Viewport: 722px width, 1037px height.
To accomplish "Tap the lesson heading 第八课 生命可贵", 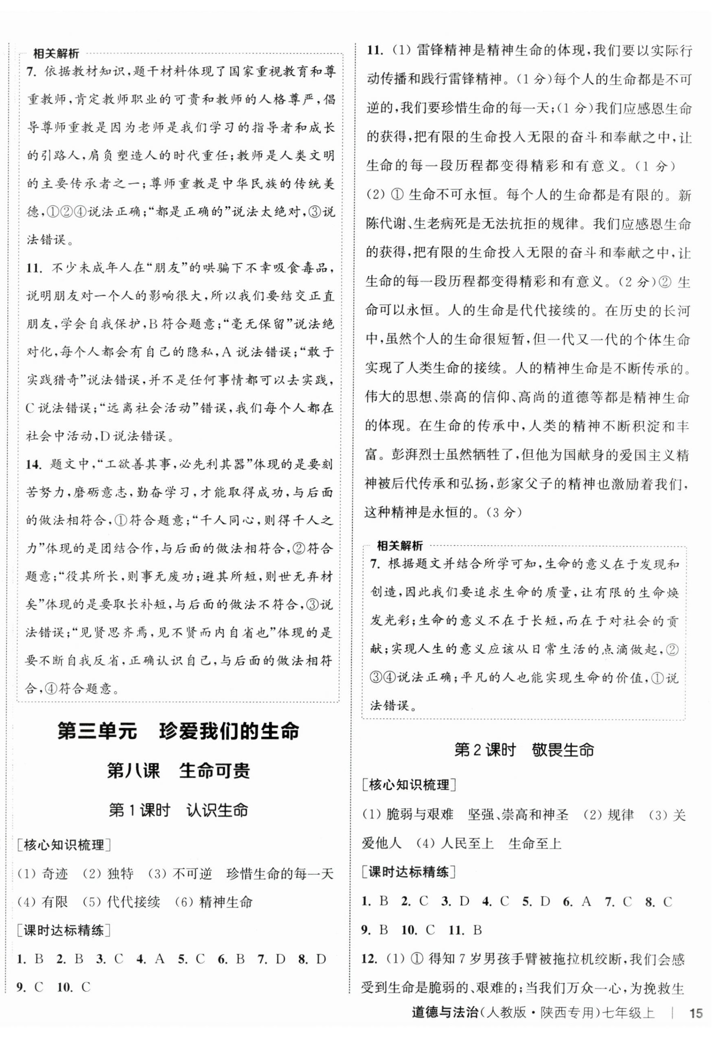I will tap(178, 771).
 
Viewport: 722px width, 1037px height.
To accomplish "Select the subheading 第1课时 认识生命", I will tap(178, 810).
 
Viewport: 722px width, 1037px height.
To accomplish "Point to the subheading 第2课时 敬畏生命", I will tap(523, 750).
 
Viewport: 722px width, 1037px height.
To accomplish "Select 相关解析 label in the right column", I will tap(400, 546).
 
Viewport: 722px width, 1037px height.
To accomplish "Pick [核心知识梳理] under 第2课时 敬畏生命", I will tap(408, 785).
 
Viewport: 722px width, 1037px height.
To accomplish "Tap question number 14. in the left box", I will tap(33, 465).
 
